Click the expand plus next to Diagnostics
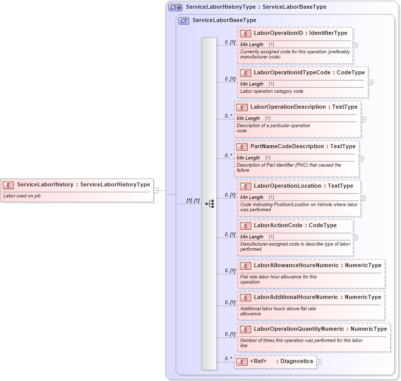coord(319,362)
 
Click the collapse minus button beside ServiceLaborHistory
coord(156,190)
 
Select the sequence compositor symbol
coord(209,204)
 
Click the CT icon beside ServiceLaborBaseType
coord(184,21)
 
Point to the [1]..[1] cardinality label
coord(192,200)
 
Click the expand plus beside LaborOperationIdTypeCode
coord(370,82)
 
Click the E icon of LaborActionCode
coord(245,226)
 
